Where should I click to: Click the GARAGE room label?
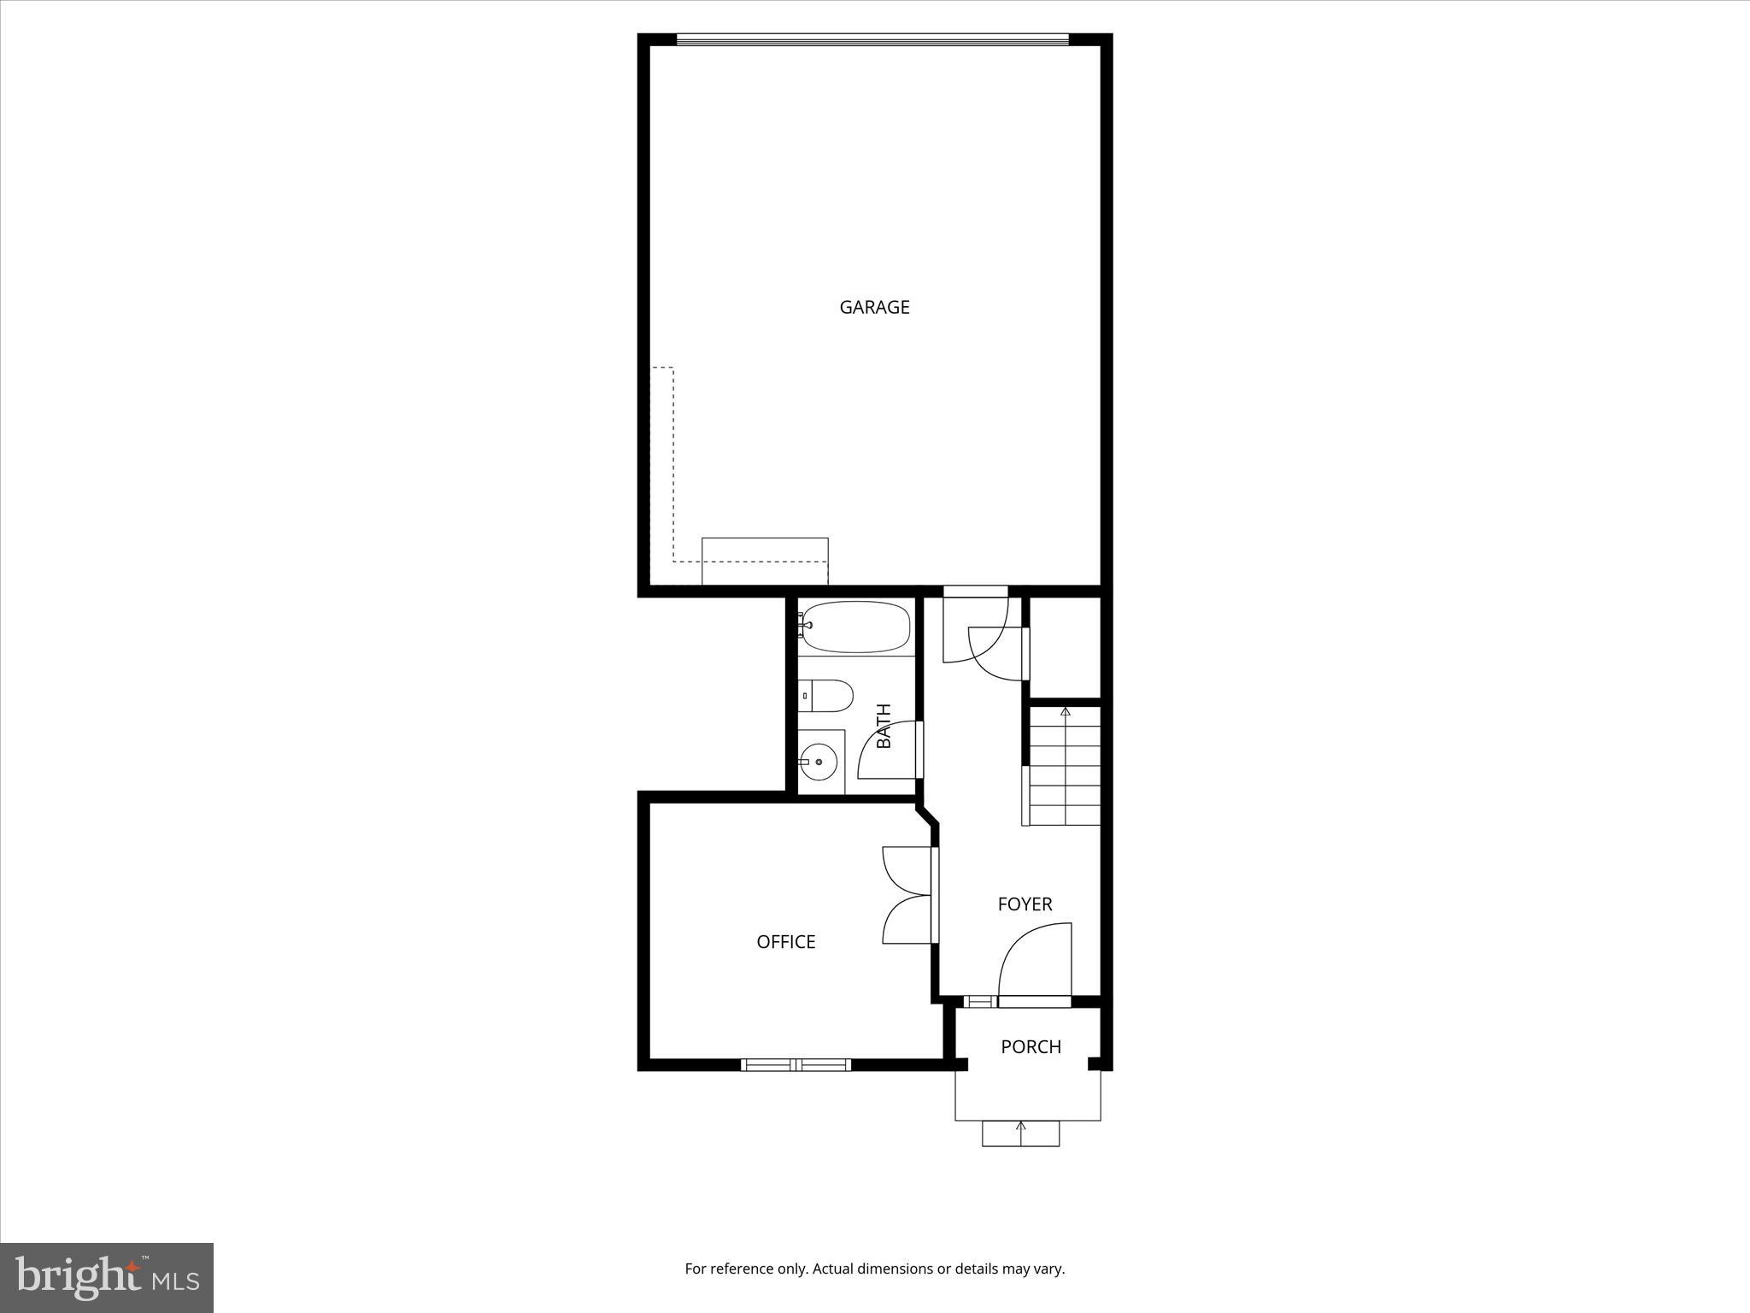coord(874,307)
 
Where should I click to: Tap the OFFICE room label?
coord(785,942)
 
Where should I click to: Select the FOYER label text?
coord(1025,904)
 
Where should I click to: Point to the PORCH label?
coord(1031,1047)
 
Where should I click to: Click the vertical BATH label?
coord(884,726)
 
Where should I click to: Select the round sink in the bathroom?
coord(819,761)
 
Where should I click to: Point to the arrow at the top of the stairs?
coord(1065,711)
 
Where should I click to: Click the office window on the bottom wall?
coord(796,1064)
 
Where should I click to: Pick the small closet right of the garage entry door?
coord(1065,647)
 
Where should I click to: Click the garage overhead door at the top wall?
coord(872,39)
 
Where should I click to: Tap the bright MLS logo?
coord(107,1277)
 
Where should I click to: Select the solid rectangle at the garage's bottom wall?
coord(765,561)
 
